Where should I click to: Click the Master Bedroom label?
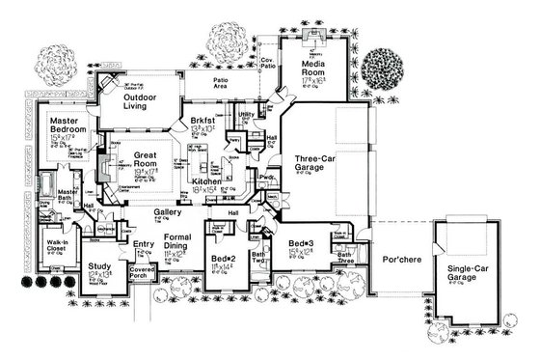click(68, 125)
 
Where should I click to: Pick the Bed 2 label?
click(224, 259)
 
